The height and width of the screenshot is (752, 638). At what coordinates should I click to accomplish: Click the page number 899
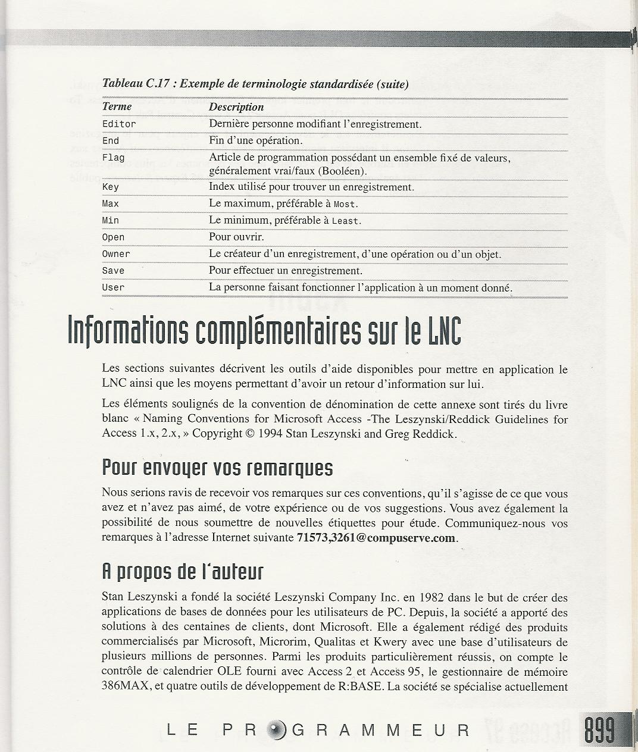pos(599,730)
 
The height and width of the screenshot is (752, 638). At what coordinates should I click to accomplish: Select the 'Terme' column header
pos(117,106)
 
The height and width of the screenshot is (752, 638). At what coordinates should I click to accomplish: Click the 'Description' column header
pos(236,107)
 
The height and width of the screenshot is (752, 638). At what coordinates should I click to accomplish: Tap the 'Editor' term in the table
pos(119,124)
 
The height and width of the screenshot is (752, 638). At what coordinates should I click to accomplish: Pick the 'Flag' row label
pos(113,158)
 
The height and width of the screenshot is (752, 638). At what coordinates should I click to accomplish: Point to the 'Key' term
pos(110,187)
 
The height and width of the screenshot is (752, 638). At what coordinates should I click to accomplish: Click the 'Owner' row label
pos(115,254)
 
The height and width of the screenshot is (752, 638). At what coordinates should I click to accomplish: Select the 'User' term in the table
pos(113,287)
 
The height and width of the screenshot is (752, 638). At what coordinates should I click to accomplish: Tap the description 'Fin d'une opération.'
pos(256,141)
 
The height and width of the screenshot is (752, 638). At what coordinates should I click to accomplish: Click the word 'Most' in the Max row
pos(345,204)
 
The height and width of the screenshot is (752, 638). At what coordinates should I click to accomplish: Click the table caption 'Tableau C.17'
pos(136,84)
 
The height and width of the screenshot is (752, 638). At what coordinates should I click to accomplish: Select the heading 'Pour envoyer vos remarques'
pos(217,468)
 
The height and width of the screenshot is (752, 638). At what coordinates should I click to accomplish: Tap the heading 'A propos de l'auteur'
pos(182,572)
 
